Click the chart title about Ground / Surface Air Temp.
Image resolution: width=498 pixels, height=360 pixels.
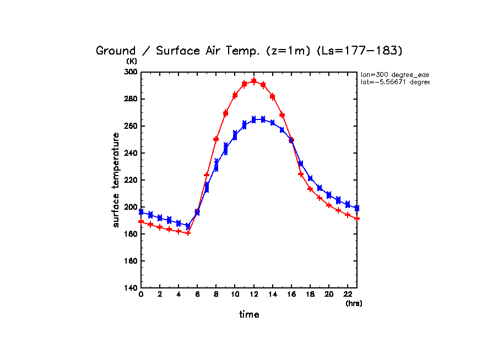pos(250,51)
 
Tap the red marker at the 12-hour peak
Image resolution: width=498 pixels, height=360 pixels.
pos(254,81)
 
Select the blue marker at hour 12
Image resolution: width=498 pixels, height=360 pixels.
pos(254,119)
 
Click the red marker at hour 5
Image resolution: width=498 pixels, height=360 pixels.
pos(188,233)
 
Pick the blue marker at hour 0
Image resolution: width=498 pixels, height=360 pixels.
pos(141,212)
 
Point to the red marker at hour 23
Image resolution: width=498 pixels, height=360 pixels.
pos(357,219)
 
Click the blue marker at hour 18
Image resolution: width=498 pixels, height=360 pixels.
pos(310,178)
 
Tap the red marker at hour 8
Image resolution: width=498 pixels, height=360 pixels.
pos(216,139)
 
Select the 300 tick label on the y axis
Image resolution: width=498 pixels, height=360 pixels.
pos(131,72)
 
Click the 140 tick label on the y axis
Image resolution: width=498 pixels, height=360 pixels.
pos(131,288)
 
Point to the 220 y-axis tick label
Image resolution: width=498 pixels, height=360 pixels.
pos(131,180)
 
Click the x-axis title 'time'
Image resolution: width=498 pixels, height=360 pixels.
pos(249,314)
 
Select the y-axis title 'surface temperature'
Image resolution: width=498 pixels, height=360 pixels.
pos(116,180)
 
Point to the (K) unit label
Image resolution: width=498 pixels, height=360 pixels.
pos(132,62)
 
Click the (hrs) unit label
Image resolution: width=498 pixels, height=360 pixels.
pos(354,303)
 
